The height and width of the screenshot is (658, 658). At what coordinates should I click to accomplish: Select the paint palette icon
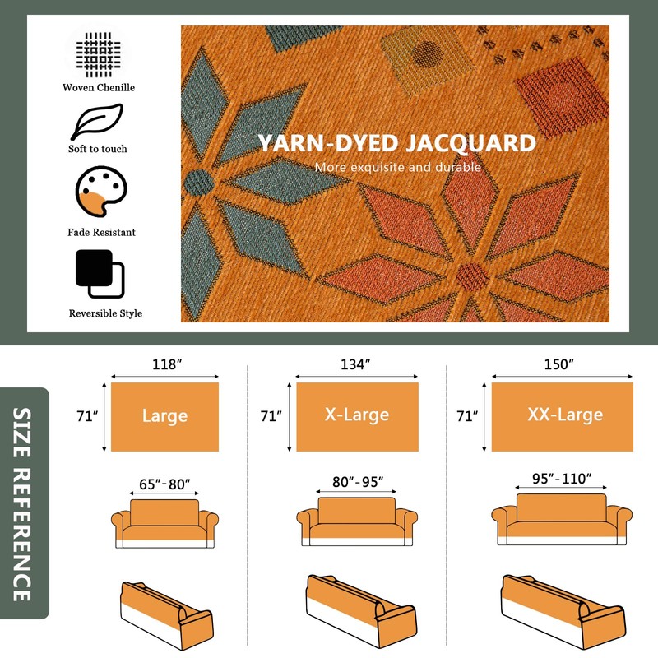(100, 194)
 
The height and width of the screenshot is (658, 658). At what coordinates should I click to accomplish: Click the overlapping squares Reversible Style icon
(100, 274)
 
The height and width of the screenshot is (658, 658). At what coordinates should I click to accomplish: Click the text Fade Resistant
(102, 233)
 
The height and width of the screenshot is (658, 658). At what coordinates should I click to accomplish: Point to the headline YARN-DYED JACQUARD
(397, 143)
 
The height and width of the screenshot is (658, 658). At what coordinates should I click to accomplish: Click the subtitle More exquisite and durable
(397, 168)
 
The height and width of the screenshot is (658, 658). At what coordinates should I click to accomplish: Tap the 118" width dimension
(164, 365)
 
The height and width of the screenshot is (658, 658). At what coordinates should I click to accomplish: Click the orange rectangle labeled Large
(164, 417)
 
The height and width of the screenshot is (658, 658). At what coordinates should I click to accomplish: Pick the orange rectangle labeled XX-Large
(564, 417)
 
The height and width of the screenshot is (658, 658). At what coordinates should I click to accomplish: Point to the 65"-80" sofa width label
(164, 484)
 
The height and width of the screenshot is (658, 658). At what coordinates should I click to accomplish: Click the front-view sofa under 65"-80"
(164, 525)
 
